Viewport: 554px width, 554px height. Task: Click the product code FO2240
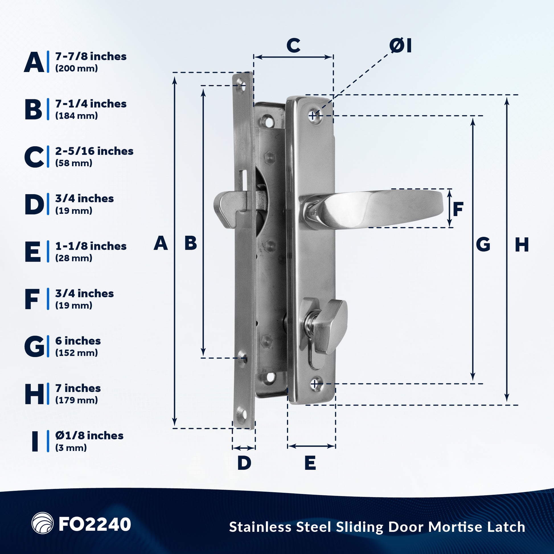tap(95, 524)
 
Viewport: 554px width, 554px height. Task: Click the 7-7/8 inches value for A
tap(91, 56)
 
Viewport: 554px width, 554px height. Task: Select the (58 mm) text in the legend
tap(74, 163)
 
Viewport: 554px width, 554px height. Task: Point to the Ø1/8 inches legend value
tap(89, 436)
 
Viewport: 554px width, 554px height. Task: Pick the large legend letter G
tap(34, 347)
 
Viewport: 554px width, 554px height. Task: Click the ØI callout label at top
tap(400, 46)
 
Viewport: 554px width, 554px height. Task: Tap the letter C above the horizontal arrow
tap(293, 45)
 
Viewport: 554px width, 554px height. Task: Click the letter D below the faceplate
tap(244, 463)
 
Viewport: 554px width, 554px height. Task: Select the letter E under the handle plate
tap(310, 463)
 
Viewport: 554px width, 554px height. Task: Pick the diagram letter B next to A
tap(191, 243)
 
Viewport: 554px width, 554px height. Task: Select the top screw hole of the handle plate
tap(314, 116)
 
